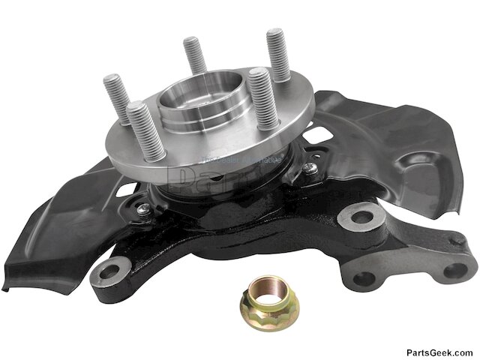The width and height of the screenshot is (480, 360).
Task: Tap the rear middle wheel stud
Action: coord(194,56)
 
